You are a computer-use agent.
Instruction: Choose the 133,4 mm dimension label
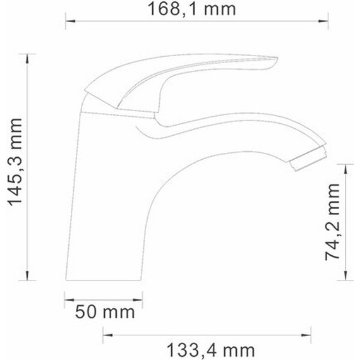(x=210, y=349)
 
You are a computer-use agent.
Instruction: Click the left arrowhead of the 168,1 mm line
(x=71, y=21)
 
